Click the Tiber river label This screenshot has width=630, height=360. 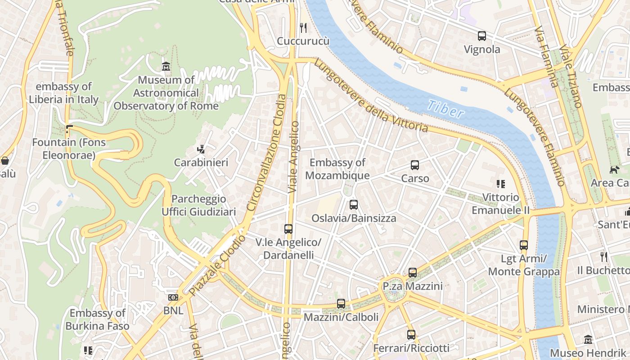click(x=445, y=108)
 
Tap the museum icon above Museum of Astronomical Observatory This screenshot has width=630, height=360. click(x=166, y=67)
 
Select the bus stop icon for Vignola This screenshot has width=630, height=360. click(x=481, y=36)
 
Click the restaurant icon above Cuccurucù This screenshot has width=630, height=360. click(x=303, y=28)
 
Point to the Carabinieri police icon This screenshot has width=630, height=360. click(x=201, y=149)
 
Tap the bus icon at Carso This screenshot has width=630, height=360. click(x=415, y=165)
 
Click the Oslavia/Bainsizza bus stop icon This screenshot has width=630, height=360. click(x=354, y=205)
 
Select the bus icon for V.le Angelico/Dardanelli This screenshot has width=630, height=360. click(x=288, y=229)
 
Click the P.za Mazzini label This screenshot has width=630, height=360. click(x=413, y=286)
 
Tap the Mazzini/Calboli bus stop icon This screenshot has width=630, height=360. click(x=341, y=304)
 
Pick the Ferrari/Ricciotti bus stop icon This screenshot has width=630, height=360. click(x=411, y=335)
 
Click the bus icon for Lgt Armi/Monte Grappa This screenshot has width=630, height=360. click(x=524, y=245)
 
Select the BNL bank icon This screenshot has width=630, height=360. click(x=173, y=297)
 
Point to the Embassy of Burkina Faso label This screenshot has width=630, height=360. click(x=98, y=319)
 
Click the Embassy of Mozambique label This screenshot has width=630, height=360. click(x=337, y=169)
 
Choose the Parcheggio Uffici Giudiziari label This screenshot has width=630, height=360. click(x=198, y=205)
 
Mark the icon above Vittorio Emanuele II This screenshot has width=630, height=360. click(x=500, y=184)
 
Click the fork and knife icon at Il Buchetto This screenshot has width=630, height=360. click(x=604, y=257)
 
